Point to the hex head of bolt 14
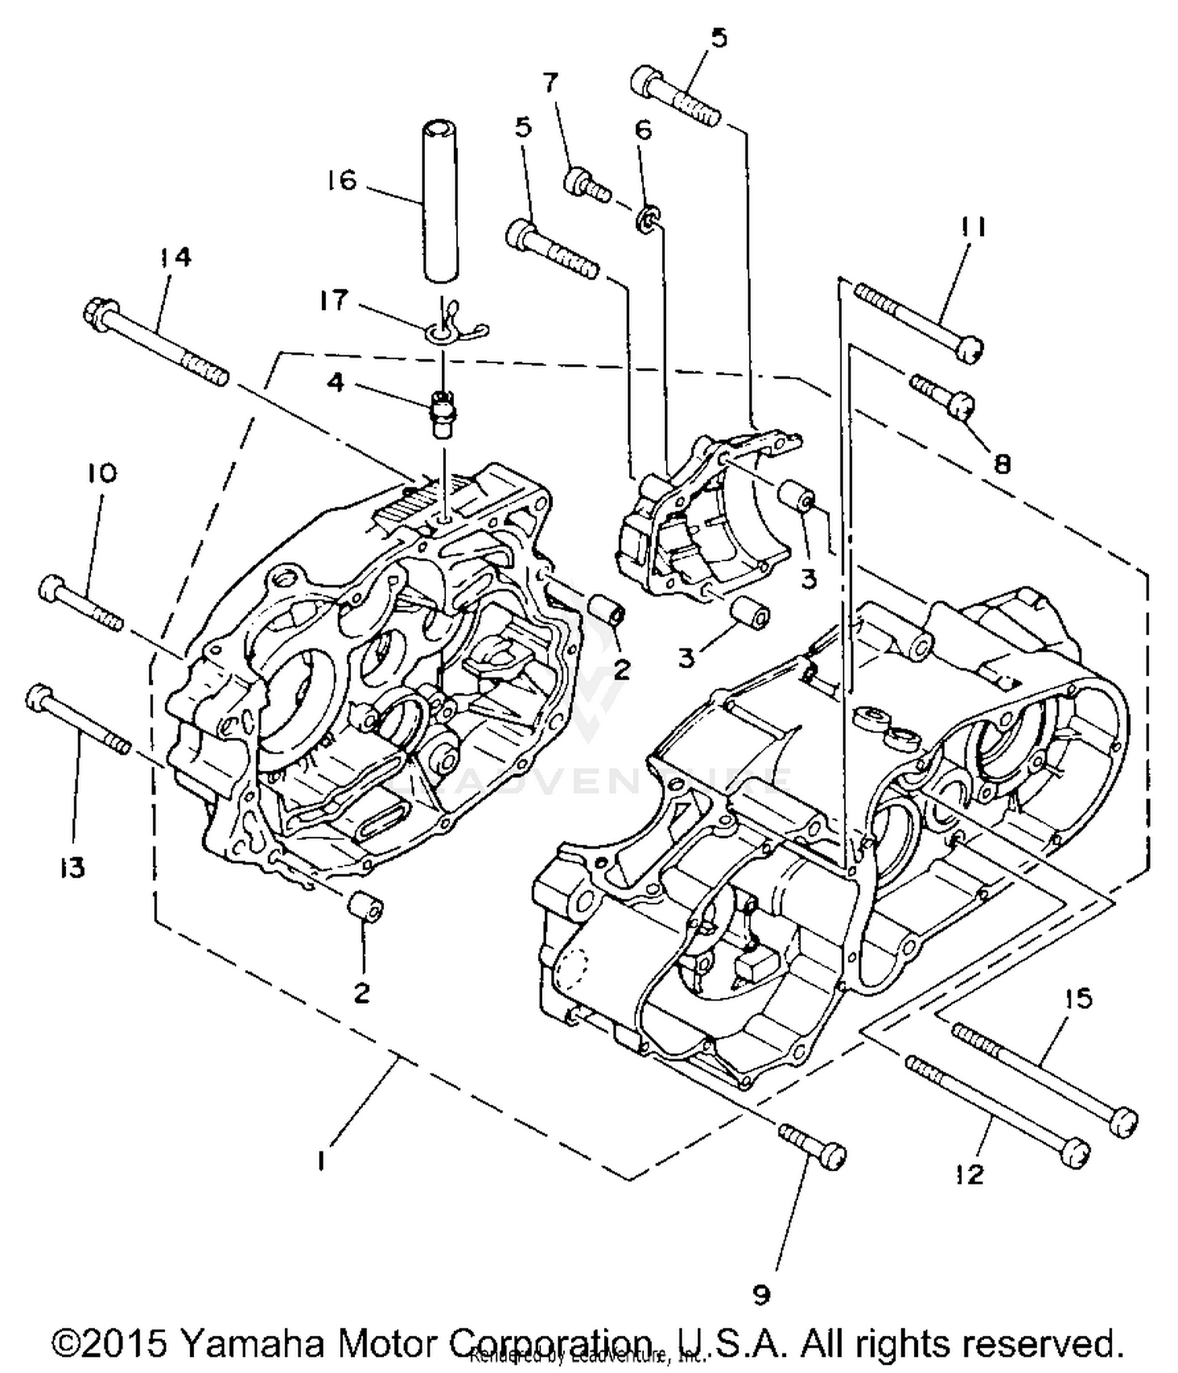(99, 314)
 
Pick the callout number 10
(101, 472)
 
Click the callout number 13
(72, 868)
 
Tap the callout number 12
(971, 1174)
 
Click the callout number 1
(320, 1161)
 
